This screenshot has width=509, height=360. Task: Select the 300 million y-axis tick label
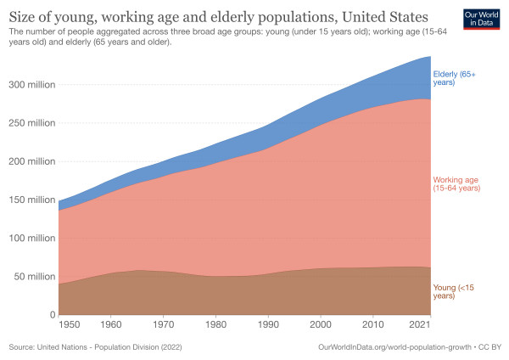[x=29, y=84]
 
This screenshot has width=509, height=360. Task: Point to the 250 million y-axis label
[x=29, y=123]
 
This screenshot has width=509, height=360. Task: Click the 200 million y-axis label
[x=29, y=161]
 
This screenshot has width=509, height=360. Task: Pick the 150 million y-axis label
[x=29, y=200]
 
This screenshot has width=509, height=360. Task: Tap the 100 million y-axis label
[x=29, y=238]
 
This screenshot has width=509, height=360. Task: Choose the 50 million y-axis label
[x=31, y=276]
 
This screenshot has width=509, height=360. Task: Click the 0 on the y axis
[x=52, y=314]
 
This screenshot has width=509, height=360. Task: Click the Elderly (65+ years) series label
[x=455, y=77]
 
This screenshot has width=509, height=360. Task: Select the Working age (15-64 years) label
[x=462, y=185]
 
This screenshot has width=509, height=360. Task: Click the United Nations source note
[x=96, y=347]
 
